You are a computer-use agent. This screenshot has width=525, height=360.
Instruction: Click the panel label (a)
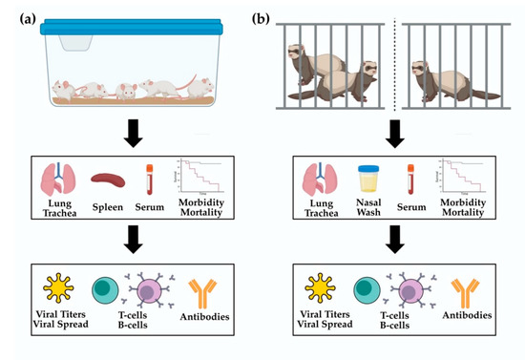pos(16,15)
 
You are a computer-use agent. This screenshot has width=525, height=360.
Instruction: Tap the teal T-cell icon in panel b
pos(366,290)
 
